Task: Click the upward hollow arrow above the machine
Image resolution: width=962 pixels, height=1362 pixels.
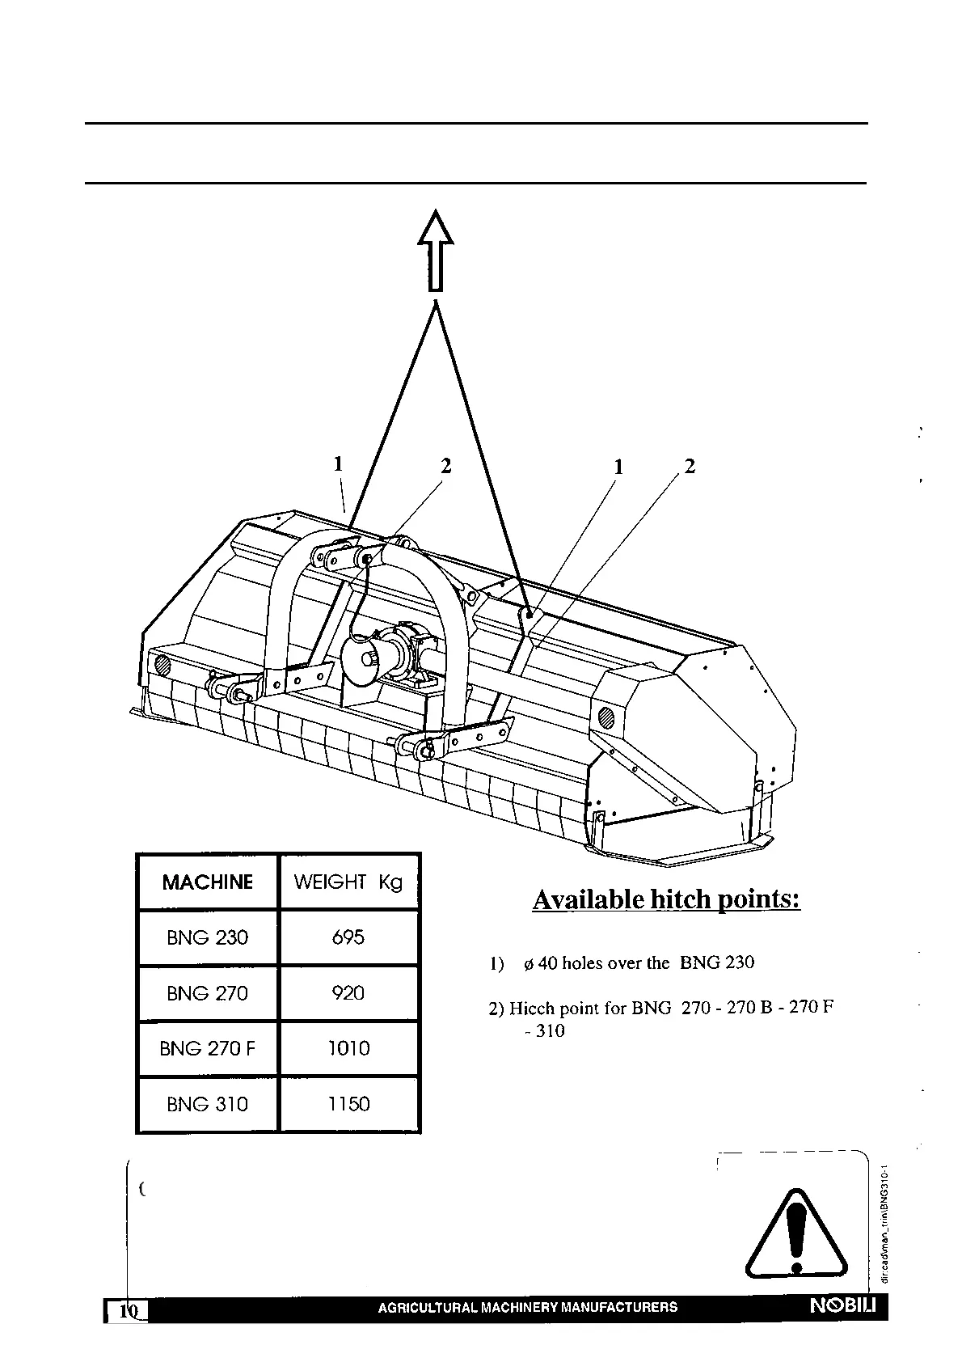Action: pos(436,250)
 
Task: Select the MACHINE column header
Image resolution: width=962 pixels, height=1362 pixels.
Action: pos(208,882)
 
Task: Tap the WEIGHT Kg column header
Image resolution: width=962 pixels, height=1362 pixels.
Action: pos(348,882)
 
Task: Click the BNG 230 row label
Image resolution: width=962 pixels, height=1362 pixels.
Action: pos(208,938)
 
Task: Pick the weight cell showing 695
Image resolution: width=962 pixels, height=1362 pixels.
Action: pos(348,938)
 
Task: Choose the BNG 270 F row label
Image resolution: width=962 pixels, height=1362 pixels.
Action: pos(208,1049)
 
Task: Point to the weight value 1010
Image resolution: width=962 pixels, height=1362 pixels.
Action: pos(348,1049)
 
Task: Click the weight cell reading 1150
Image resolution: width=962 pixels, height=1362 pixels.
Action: pos(348,1104)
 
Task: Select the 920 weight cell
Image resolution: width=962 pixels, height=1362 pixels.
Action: pos(348,993)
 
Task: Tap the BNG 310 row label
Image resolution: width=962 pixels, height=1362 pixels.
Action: pos(208,1104)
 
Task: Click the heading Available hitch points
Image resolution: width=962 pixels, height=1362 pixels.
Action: pos(666,900)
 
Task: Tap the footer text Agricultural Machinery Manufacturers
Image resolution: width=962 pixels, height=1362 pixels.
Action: pos(528,1307)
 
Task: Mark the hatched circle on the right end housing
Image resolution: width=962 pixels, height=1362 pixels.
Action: pos(605,717)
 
